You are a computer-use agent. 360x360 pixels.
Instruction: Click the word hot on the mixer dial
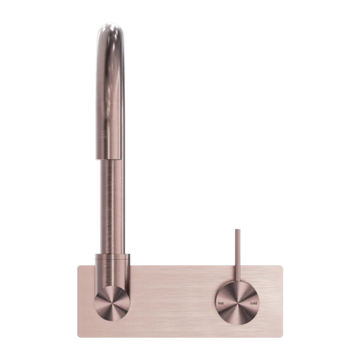click(x=221, y=303)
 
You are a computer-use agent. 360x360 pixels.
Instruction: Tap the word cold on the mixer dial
click(x=253, y=303)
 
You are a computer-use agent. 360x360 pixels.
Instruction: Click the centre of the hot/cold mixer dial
click(x=237, y=303)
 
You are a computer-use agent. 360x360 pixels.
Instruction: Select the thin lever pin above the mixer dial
click(x=238, y=256)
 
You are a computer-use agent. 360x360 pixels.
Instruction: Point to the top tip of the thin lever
click(x=238, y=229)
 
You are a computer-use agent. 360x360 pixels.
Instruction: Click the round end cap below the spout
click(x=112, y=303)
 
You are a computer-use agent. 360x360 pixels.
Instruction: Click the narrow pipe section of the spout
click(x=112, y=206)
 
